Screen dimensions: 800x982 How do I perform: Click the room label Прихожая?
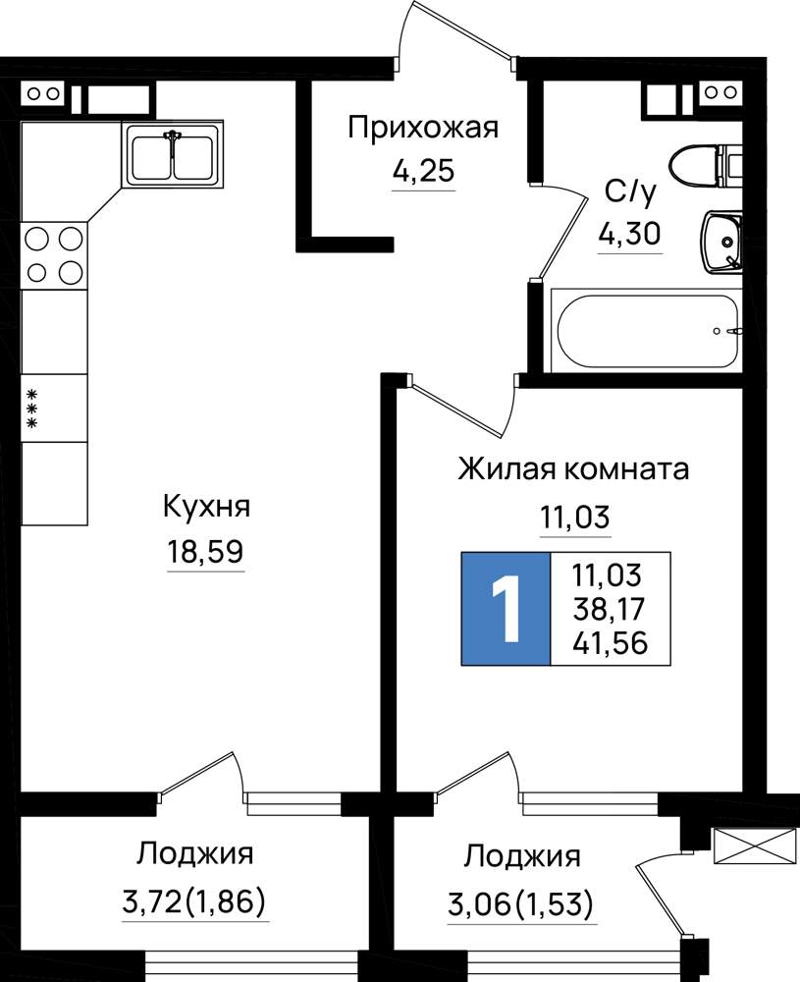(423, 129)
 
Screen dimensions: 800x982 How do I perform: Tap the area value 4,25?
(423, 170)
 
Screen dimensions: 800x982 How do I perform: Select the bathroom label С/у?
(630, 191)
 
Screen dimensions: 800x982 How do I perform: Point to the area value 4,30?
(630, 235)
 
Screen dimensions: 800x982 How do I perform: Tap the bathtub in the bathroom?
(647, 330)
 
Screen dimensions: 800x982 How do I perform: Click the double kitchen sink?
(173, 153)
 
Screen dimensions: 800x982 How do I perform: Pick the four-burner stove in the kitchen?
(54, 255)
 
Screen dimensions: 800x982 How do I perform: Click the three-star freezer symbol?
(31, 408)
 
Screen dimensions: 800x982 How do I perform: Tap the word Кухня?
(206, 507)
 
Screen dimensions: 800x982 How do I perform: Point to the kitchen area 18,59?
(205, 552)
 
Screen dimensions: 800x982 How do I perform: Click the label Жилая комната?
(573, 468)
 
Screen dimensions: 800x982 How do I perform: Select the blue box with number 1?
(506, 608)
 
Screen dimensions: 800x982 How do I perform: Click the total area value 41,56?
(610, 643)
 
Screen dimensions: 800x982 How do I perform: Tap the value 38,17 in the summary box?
(609, 609)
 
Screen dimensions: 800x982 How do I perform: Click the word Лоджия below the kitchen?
(195, 853)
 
